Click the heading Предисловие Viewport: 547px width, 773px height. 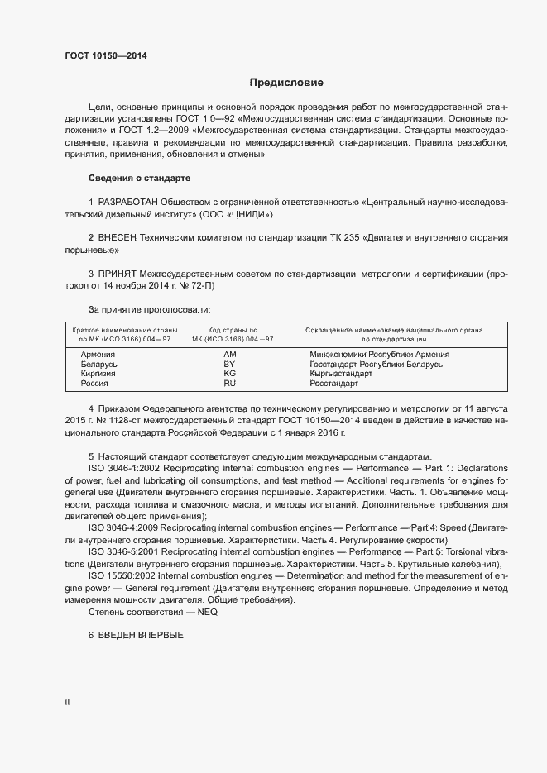point(286,83)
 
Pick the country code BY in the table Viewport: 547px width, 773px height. point(229,364)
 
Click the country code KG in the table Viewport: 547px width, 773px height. point(229,374)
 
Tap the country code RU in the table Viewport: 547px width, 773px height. point(229,384)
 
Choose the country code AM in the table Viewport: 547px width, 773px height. point(229,354)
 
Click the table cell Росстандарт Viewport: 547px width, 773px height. point(333,384)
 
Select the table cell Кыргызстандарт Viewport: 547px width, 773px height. point(341,374)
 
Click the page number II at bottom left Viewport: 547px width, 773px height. point(67,703)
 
